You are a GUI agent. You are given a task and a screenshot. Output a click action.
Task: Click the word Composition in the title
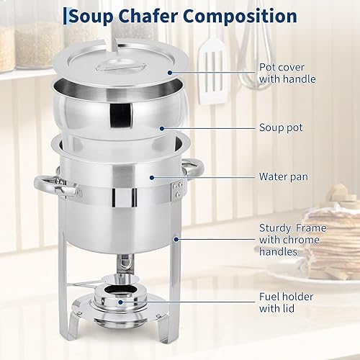coord(225,16)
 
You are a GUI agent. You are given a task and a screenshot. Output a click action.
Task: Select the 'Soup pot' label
coord(280,127)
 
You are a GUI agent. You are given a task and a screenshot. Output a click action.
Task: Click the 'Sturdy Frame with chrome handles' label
coord(292,240)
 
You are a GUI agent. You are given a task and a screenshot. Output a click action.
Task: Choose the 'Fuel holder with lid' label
coord(286,302)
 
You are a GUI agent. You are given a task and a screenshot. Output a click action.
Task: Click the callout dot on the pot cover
coord(170,73)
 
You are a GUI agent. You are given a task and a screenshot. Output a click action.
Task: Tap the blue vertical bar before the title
coord(66,16)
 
